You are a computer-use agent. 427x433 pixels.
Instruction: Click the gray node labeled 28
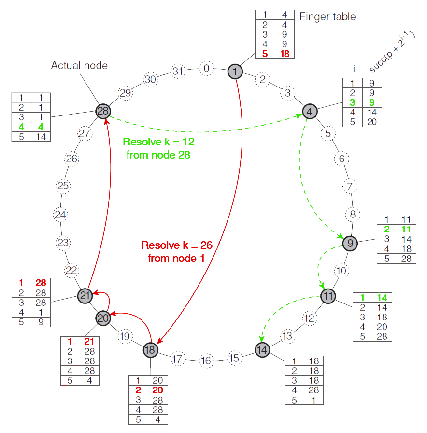click(103, 111)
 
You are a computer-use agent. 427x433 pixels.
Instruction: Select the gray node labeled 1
click(235, 72)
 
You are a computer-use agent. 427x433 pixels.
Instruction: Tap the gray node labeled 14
click(262, 349)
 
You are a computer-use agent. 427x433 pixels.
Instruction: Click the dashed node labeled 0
click(207, 69)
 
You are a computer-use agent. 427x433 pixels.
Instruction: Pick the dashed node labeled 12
click(310, 318)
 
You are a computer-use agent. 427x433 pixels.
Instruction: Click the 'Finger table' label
click(327, 17)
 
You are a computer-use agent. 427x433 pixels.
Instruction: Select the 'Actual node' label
click(79, 65)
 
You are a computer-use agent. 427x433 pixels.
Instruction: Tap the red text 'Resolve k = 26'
click(177, 245)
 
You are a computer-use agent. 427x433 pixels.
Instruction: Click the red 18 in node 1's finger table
click(285, 54)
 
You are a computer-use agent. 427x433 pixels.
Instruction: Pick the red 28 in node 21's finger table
click(41, 283)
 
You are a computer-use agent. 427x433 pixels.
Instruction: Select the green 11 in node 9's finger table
click(405, 229)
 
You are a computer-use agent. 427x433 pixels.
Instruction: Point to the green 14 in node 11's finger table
click(382, 298)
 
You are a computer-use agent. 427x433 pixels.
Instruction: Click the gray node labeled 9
click(350, 243)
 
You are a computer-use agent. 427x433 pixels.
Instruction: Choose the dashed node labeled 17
click(178, 359)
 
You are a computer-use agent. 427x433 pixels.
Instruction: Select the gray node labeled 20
click(103, 318)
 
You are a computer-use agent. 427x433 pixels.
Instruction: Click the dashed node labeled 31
click(178, 72)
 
